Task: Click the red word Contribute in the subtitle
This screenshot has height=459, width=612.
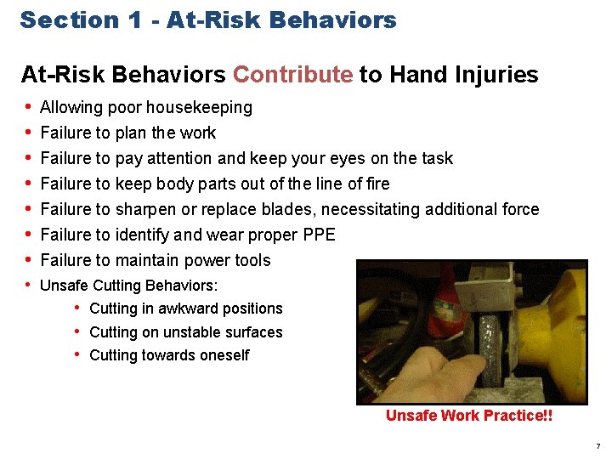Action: point(292,75)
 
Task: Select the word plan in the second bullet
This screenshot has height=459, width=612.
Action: point(132,133)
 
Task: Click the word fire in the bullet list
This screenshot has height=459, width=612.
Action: point(374,184)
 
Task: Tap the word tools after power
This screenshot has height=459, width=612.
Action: point(252,260)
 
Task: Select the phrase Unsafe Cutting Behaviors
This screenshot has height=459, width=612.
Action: point(129,285)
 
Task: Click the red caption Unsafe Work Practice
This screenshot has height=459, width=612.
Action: point(468,416)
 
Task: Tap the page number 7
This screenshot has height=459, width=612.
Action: point(598,446)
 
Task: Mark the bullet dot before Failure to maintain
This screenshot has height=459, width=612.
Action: point(28,260)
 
